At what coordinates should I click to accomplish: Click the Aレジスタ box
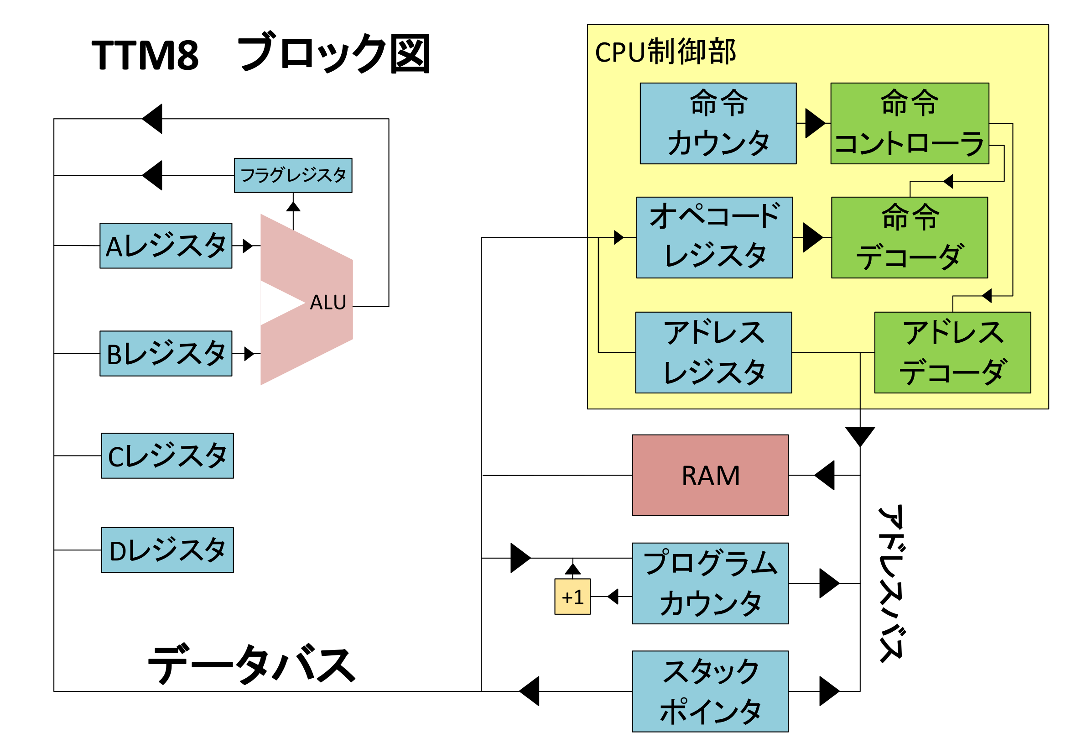166,246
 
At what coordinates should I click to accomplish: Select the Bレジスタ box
166,354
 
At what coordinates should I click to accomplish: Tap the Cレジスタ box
167,456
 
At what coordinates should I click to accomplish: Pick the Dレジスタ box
167,550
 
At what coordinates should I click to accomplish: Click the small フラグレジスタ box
293,175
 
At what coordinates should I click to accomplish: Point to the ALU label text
328,303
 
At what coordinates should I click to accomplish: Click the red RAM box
710,475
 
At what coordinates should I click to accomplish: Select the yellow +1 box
572,597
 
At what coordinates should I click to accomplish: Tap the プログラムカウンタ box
710,583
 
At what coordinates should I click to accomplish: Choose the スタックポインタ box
710,691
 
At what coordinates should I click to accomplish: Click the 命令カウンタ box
718,124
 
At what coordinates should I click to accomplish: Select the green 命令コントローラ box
909,124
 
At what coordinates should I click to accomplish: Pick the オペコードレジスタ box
714,237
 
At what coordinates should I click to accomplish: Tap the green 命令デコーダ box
909,237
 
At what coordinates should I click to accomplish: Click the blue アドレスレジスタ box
713,353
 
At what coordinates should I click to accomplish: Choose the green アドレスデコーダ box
952,353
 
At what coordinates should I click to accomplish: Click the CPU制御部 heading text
665,52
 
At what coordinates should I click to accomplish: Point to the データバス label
251,665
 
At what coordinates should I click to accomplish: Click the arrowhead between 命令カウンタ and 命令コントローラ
815,124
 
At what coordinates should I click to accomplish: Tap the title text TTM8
145,55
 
